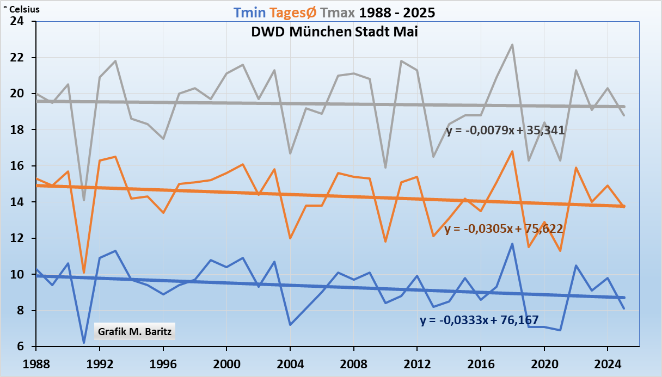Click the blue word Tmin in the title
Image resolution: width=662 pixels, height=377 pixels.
tap(248, 12)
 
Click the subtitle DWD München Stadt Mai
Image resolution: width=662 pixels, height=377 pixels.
tap(334, 32)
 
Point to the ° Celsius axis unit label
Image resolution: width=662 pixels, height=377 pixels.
tap(21, 9)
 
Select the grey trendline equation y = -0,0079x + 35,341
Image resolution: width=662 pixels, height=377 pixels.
tap(505, 131)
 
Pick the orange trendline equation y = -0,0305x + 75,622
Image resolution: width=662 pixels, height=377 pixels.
tap(504, 228)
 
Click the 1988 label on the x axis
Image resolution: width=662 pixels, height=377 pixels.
tap(36, 362)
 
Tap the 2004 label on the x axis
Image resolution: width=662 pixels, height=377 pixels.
tap(290, 362)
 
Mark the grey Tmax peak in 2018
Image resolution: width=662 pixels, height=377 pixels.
tap(512, 45)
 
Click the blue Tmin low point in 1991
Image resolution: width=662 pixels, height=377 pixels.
tap(84, 343)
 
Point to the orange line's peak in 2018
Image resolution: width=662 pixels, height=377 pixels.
tap(512, 151)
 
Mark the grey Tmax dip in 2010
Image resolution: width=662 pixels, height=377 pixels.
tap(385, 168)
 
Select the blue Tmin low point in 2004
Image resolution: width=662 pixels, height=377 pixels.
tap(290, 325)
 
